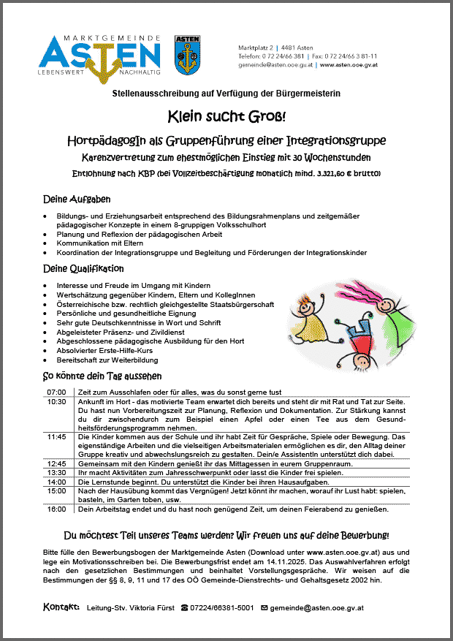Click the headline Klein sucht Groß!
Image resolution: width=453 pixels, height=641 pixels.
(226, 115)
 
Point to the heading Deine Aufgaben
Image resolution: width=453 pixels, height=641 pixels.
(77, 199)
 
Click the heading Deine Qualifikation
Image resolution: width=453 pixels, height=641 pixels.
(83, 268)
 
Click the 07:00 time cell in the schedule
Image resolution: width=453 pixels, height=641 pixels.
(56, 392)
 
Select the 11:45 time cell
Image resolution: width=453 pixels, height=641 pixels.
(56, 436)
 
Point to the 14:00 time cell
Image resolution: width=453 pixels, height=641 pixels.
(56, 482)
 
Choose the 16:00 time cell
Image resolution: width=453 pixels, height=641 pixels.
(56, 509)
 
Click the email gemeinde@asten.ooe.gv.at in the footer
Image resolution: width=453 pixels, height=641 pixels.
(316, 607)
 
